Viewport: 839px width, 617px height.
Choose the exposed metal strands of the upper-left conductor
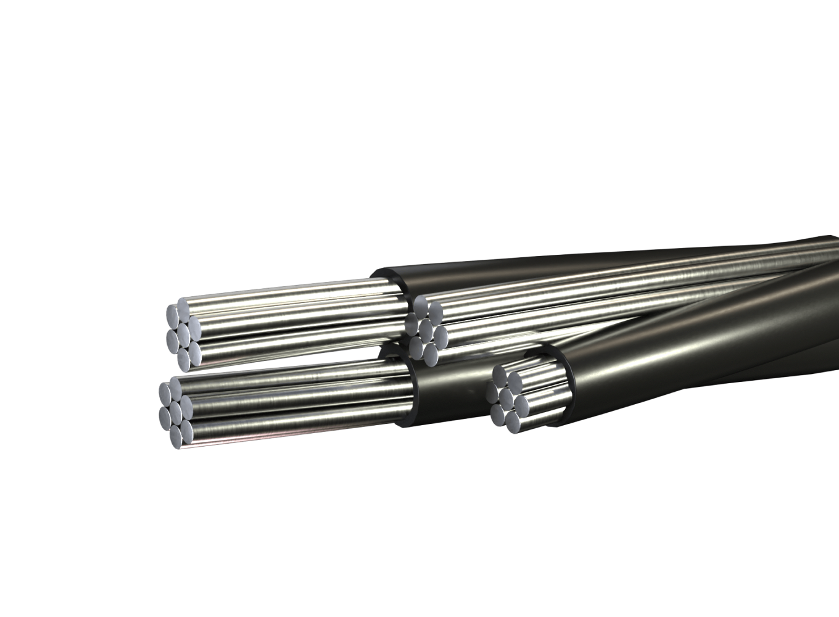(x=296, y=321)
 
